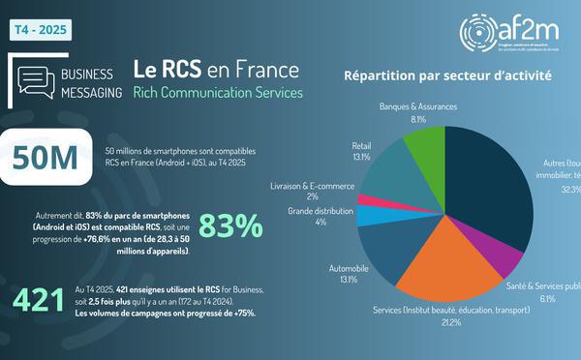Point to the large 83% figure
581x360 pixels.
[x=230, y=225]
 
